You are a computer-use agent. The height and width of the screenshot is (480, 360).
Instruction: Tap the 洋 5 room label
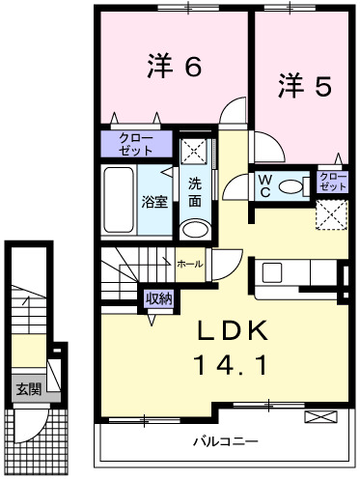(305, 86)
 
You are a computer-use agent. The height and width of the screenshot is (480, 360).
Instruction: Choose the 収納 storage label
(158, 298)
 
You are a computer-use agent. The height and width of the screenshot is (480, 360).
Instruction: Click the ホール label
(189, 263)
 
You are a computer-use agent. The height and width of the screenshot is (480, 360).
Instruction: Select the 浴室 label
(154, 202)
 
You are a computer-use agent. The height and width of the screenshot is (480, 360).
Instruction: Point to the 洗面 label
(195, 193)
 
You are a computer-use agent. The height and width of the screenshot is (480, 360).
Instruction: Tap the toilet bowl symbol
(291, 185)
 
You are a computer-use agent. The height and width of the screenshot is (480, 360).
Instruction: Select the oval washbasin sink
(195, 229)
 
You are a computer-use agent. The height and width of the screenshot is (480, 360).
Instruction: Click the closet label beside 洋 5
(332, 181)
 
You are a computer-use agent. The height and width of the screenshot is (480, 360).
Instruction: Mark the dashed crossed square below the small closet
(333, 211)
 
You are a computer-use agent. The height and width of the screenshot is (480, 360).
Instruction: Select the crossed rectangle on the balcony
(318, 416)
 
